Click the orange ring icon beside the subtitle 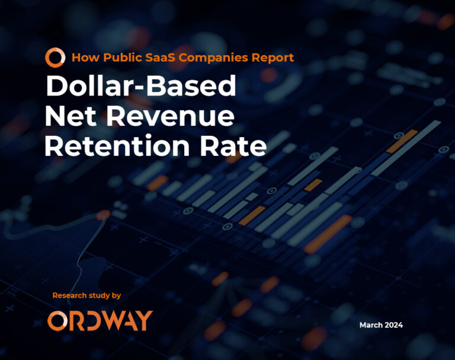(55, 58)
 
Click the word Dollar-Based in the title (141, 87)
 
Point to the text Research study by (86, 295)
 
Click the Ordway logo (100, 320)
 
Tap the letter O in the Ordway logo (57, 320)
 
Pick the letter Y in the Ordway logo (143, 320)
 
